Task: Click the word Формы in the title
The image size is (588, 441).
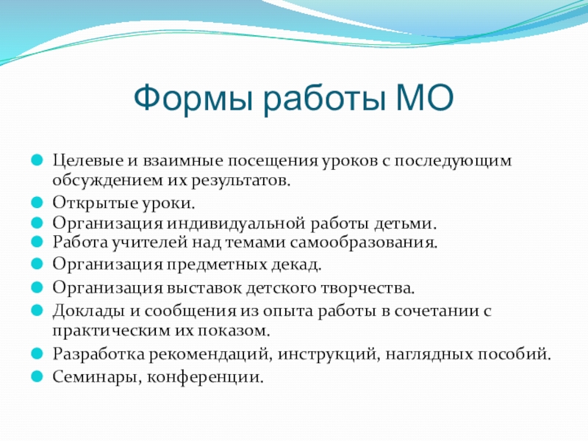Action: pyautogui.click(x=193, y=98)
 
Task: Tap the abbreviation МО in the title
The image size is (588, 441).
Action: pyautogui.click(x=425, y=98)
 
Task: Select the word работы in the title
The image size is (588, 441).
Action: pyautogui.click(x=324, y=98)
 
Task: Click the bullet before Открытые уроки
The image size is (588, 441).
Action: pyautogui.click(x=37, y=203)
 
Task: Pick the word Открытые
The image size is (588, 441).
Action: pyautogui.click(x=96, y=203)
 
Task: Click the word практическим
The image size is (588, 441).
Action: pyautogui.click(x=112, y=331)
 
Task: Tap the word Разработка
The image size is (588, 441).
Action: pyautogui.click(x=98, y=354)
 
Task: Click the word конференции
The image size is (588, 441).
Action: pyautogui.click(x=205, y=377)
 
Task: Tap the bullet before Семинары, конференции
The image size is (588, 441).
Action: pyautogui.click(x=37, y=376)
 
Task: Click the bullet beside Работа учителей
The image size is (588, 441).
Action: pyautogui.click(x=37, y=242)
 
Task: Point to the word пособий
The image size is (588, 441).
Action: pyautogui.click(x=514, y=354)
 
